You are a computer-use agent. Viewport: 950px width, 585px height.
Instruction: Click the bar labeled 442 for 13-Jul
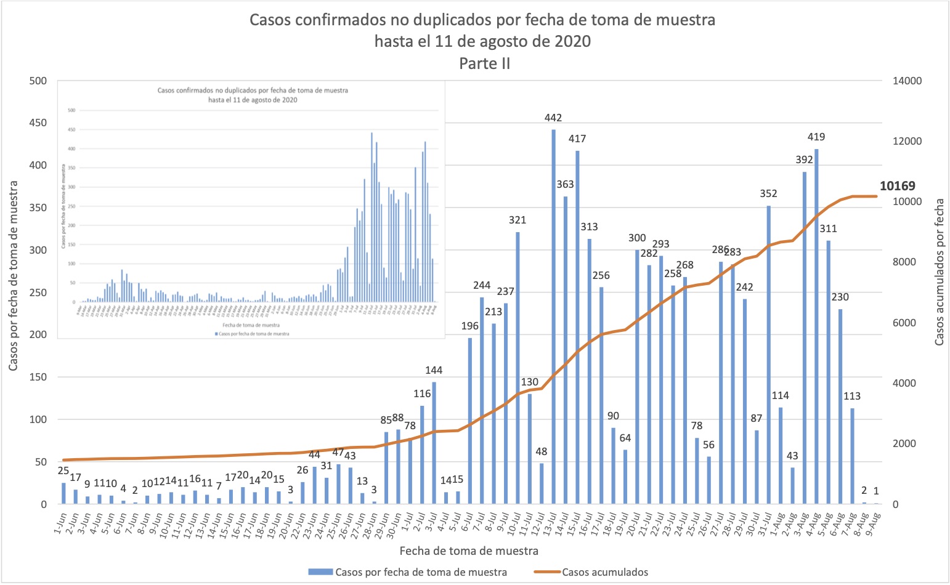coord(553,317)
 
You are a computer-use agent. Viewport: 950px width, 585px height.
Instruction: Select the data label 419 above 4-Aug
coord(816,137)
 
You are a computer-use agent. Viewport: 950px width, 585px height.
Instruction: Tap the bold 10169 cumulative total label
coord(897,186)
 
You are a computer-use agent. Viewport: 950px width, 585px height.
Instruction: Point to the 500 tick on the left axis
coord(39,81)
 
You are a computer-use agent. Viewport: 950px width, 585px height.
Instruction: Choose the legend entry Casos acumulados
coord(604,572)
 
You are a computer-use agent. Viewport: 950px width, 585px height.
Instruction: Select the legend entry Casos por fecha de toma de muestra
coord(421,572)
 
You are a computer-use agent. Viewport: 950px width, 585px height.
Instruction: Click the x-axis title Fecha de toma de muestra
coord(469,551)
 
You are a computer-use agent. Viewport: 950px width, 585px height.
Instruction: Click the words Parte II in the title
coord(484,63)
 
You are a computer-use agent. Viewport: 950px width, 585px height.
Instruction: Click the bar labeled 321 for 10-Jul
coord(518,368)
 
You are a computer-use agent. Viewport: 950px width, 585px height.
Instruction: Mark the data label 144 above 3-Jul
coord(434,370)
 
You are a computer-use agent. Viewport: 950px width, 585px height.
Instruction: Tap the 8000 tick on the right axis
coord(903,262)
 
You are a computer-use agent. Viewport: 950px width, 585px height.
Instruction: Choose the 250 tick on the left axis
coord(39,292)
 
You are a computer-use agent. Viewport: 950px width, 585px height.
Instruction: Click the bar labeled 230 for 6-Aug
coord(840,406)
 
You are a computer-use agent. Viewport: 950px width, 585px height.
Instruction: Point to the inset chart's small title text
coord(253,95)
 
